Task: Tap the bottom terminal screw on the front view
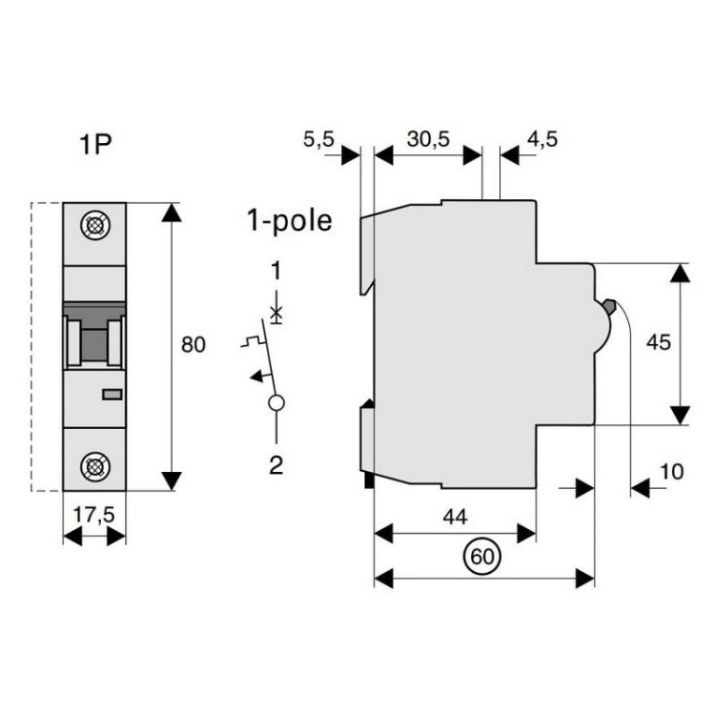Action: point(94,466)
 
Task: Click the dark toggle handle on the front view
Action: point(94,337)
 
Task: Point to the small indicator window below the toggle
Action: point(112,394)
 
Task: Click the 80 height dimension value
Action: point(194,345)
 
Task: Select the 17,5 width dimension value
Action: point(94,514)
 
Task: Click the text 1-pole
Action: point(289,221)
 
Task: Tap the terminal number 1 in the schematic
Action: point(276,272)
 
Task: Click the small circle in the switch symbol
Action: point(276,402)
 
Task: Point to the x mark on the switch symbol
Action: point(276,312)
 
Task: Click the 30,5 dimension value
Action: point(428,139)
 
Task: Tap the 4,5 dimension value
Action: point(541,139)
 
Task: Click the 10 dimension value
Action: point(671,471)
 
